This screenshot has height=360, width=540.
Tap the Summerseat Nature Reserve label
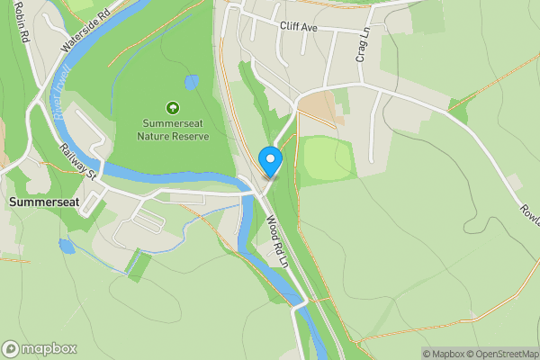[173, 130]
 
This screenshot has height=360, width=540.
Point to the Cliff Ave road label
[300, 28]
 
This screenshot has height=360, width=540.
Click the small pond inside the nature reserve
[191, 83]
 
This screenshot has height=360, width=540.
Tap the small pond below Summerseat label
[66, 245]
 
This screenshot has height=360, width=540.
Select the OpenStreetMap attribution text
[499, 354]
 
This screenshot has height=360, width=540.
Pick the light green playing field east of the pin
[328, 157]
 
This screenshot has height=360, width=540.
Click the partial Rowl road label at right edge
[527, 212]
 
